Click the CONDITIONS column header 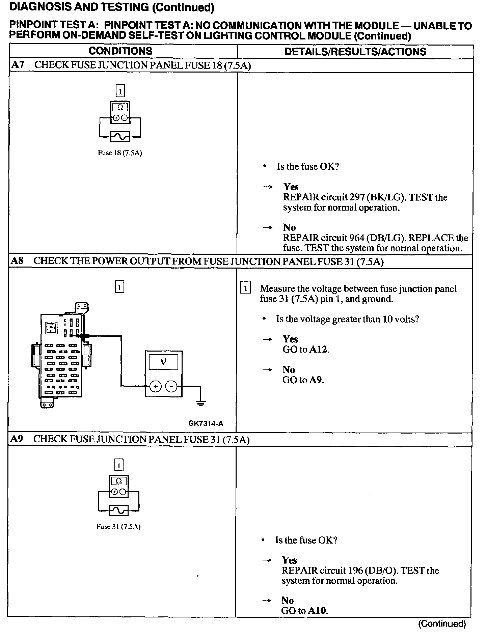[120, 51]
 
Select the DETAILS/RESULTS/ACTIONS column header [355, 52]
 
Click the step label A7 [18, 65]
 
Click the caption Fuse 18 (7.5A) [120, 153]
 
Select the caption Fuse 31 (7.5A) [118, 527]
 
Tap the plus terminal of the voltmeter [155, 387]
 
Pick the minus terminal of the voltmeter [172, 387]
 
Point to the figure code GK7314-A [206, 424]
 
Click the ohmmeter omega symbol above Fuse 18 [120, 107]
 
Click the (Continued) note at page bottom [442, 624]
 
